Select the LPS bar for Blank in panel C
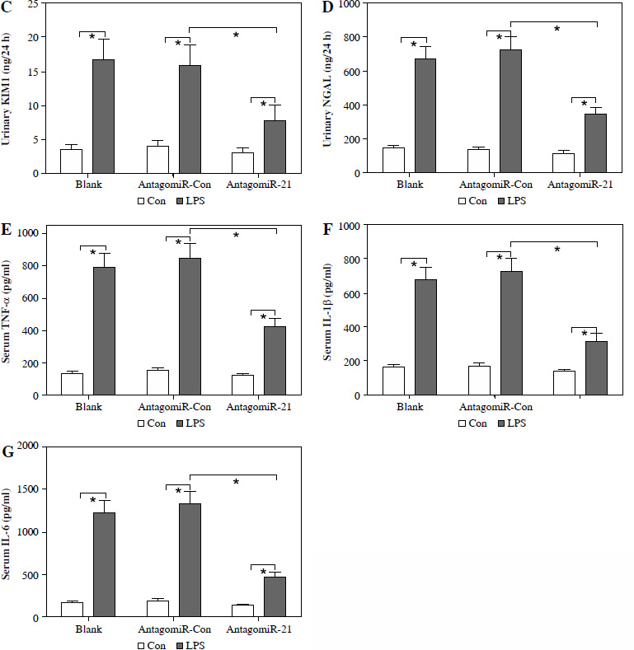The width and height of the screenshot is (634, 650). click(103, 116)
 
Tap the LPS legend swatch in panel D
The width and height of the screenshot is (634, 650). click(500, 200)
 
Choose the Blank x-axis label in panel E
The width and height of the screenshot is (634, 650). click(87, 408)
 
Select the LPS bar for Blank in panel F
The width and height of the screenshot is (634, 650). click(425, 337)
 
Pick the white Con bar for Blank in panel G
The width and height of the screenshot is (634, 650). click(71, 610)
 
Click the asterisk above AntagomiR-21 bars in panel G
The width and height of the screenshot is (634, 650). click(264, 573)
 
